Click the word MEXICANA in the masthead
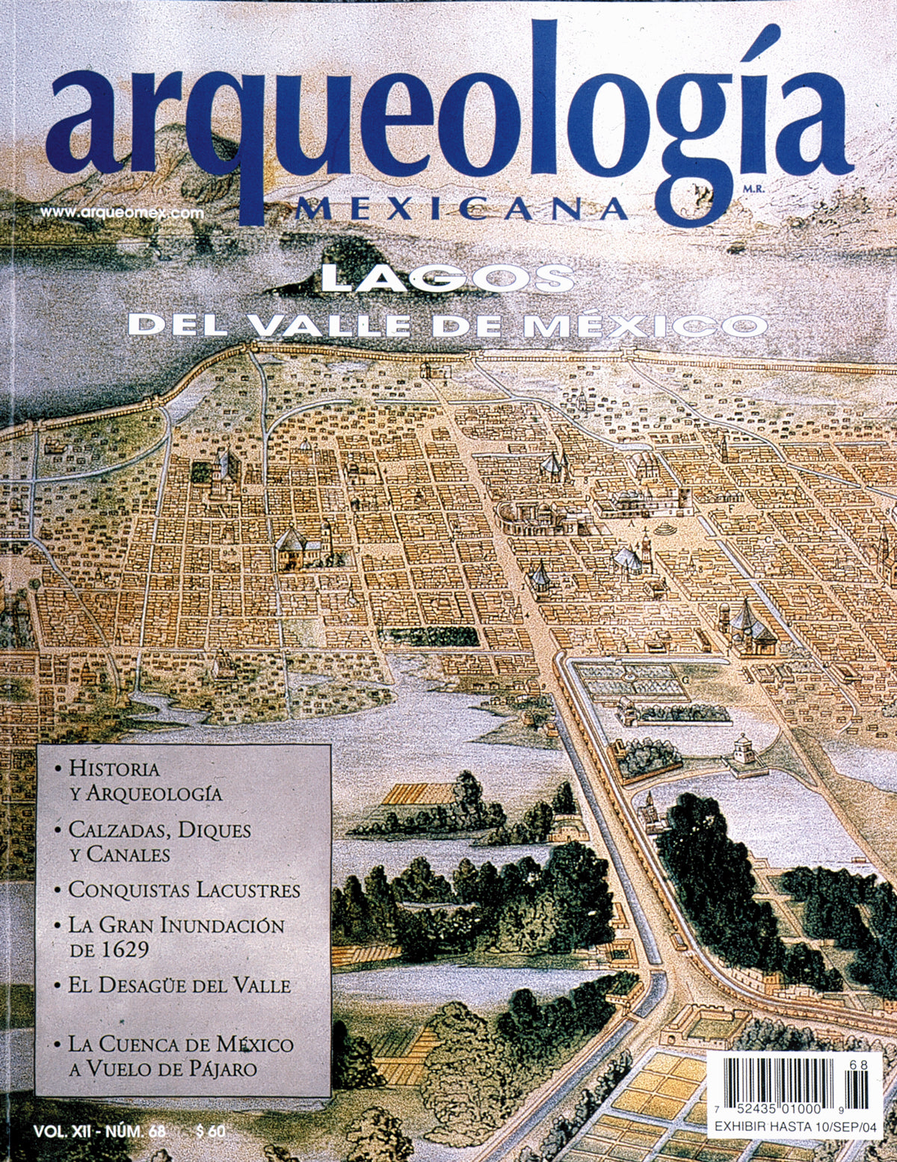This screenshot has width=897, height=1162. click(x=460, y=209)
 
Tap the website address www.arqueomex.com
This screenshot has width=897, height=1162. click(x=122, y=212)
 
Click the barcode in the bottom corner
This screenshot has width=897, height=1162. click(x=785, y=1083)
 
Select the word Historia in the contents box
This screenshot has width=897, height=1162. click(x=114, y=768)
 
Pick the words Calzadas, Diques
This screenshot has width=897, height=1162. click(x=159, y=829)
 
